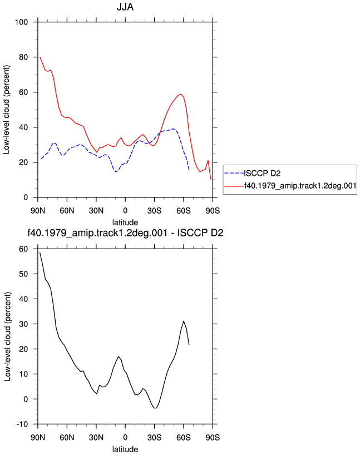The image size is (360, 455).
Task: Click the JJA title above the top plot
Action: coord(125,7)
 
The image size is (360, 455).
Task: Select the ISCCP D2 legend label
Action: coord(262,173)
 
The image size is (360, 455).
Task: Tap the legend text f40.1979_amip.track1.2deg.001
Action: coord(300,186)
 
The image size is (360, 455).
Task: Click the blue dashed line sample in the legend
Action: coord(234,173)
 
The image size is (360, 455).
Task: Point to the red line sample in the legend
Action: coord(234,186)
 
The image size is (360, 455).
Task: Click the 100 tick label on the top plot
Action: coord(22,22)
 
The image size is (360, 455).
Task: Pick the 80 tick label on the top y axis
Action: coord(23,57)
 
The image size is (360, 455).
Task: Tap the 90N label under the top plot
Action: coord(38,210)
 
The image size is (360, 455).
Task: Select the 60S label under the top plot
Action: coord(184,210)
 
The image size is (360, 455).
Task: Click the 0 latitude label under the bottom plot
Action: coord(125,437)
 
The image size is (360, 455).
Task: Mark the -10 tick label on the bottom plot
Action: coord(22,424)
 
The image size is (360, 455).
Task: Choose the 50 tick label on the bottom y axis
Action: coord(23,274)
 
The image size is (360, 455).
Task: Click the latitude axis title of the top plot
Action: coord(125,222)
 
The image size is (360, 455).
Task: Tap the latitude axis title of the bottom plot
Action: coord(125,449)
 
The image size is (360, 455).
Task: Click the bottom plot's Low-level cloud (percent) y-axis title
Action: coord(7,337)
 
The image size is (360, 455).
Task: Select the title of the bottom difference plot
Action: coord(125,233)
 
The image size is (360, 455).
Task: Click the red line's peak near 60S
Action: coord(181,94)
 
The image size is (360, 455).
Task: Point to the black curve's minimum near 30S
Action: coord(155,408)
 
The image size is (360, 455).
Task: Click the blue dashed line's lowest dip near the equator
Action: coord(116,172)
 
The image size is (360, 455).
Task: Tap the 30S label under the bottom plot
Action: coord(154,437)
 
